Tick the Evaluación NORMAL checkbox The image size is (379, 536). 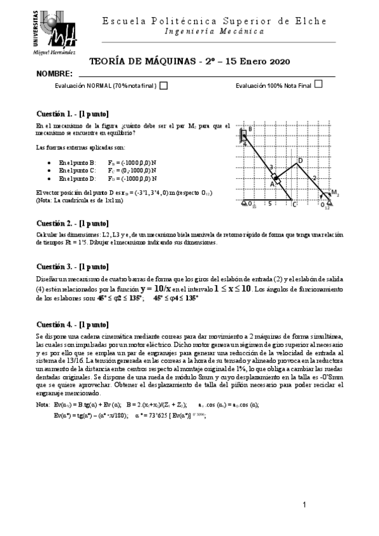(163, 86)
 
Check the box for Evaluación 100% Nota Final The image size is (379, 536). (318, 84)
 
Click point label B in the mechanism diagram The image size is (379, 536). (250, 130)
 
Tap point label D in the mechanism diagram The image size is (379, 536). (300, 161)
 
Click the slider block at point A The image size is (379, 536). (276, 177)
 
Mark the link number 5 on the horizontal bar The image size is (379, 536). (270, 204)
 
